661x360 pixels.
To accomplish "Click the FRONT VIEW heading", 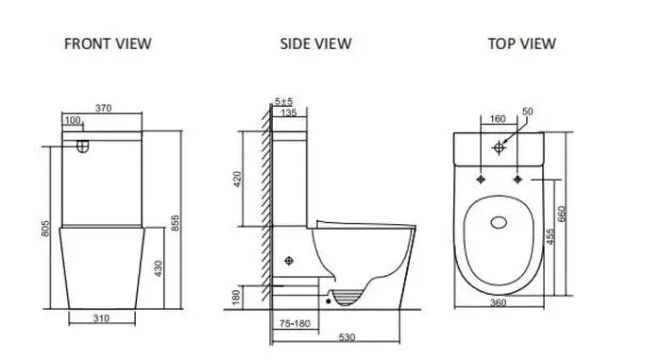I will tap(107, 43).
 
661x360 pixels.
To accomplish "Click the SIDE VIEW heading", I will tap(315, 43).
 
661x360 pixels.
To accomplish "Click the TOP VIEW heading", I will tap(521, 43).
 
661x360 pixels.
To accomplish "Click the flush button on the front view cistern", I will tap(83, 146).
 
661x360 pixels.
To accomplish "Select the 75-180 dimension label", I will tap(296, 322).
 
